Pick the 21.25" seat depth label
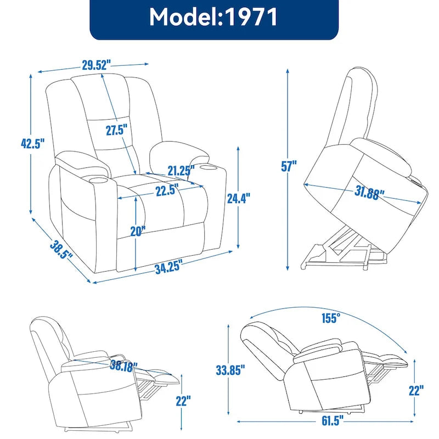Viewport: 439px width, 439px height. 181,171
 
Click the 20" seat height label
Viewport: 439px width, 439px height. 138,231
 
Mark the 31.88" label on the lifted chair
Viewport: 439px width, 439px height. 366,193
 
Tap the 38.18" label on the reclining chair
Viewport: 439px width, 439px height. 123,366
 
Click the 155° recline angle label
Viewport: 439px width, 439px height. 331,317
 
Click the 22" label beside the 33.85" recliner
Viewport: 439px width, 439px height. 416,391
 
